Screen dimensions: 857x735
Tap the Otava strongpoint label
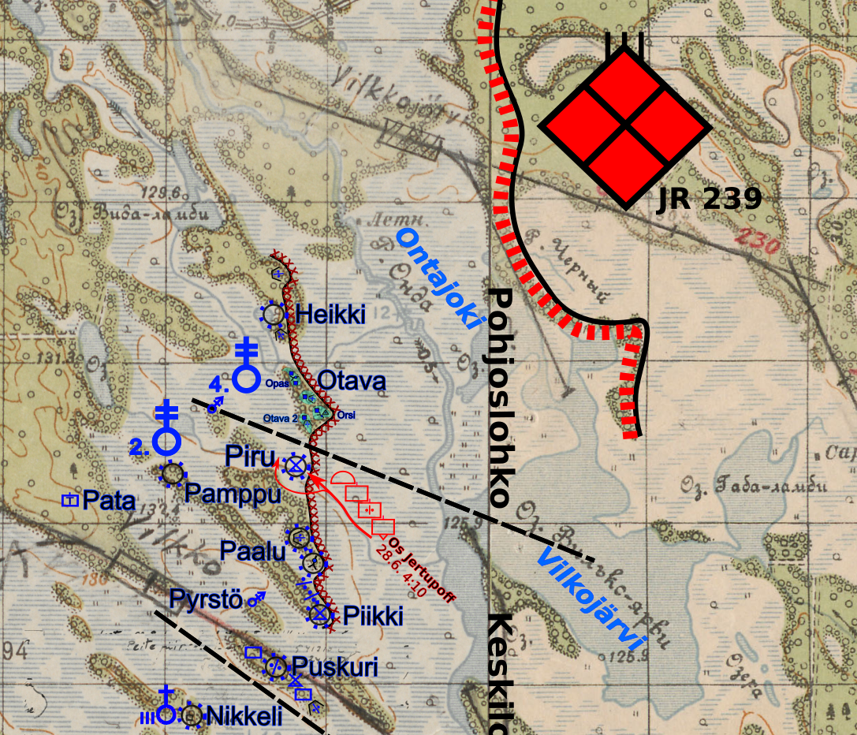point(352,382)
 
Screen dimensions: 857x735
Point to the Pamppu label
point(233,494)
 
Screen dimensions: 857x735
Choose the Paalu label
point(252,550)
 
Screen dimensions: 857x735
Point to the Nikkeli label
point(244,716)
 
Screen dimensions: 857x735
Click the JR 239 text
point(710,200)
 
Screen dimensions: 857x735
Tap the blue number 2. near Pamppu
point(140,448)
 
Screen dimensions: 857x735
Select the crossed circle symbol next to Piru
point(296,466)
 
